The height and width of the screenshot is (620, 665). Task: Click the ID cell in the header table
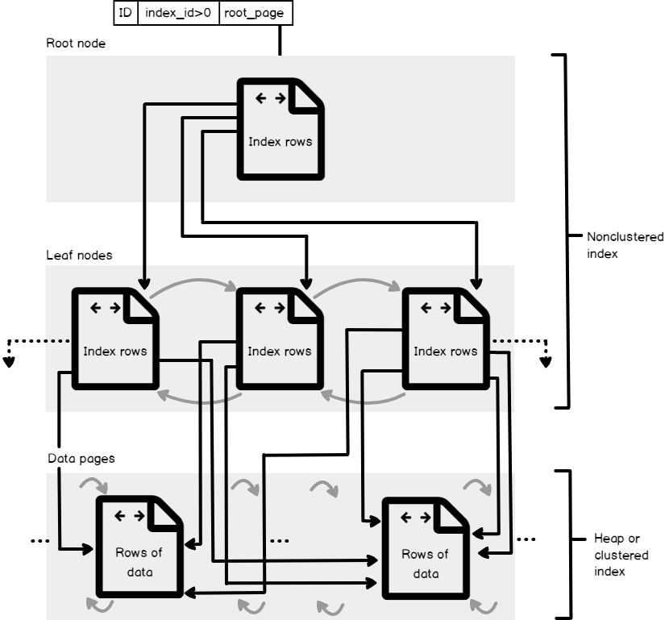(125, 13)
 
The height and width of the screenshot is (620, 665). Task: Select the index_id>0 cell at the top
(178, 13)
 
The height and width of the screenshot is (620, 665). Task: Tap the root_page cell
(253, 13)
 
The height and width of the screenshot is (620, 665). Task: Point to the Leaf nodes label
(79, 255)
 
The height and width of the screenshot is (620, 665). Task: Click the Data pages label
(81, 458)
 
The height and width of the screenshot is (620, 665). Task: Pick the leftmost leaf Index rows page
(115, 339)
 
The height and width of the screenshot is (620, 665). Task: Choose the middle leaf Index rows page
(279, 339)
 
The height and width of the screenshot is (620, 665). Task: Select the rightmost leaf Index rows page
(444, 339)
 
